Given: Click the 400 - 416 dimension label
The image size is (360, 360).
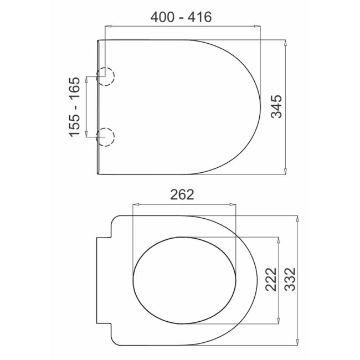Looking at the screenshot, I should click(181, 17).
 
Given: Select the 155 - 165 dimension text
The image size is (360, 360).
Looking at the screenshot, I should click(76, 106).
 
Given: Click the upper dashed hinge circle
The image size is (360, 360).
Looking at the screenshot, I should click(105, 77).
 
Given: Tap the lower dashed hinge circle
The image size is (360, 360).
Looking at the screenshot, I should click(105, 136).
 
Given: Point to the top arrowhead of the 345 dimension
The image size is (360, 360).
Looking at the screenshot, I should click(285, 42).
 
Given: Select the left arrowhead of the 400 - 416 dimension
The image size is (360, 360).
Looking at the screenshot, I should click(107, 25).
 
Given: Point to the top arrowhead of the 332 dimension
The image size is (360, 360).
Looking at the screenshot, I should click(299, 218).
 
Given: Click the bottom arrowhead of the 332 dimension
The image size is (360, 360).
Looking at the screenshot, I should click(299, 342).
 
